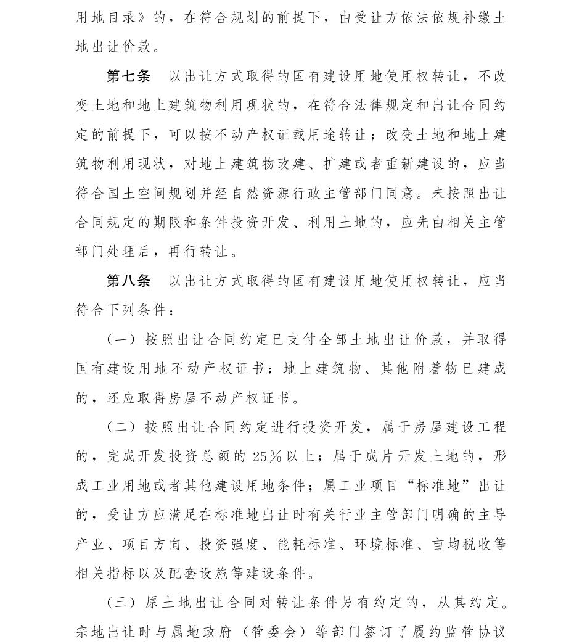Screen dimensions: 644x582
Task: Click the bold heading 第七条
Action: [x=128, y=76]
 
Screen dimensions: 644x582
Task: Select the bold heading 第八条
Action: [x=128, y=281]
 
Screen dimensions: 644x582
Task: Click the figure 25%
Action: [x=267, y=456]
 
